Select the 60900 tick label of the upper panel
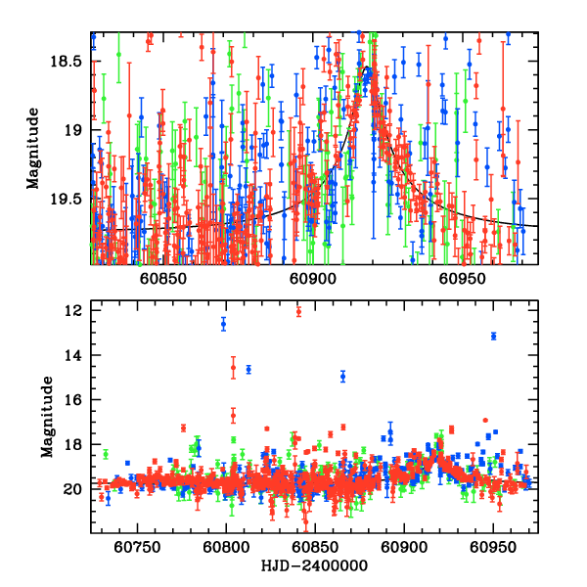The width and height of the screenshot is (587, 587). tap(313, 278)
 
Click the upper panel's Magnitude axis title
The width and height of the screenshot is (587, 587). tap(32, 147)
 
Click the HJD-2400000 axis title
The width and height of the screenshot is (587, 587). tap(313, 566)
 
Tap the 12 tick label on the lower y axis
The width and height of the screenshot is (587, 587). tap(75, 310)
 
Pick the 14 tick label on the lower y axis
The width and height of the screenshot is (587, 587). tap(75, 355)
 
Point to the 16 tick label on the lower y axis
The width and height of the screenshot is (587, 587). tap(75, 400)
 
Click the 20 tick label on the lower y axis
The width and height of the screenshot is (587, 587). tap(75, 489)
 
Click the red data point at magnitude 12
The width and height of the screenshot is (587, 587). tap(298, 311)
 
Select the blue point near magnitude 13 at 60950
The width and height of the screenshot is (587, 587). tap(494, 336)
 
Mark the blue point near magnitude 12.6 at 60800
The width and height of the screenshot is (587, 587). tap(223, 323)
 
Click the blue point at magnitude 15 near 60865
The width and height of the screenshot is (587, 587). tap(342, 376)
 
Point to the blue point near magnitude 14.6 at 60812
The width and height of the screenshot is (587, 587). tap(248, 369)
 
